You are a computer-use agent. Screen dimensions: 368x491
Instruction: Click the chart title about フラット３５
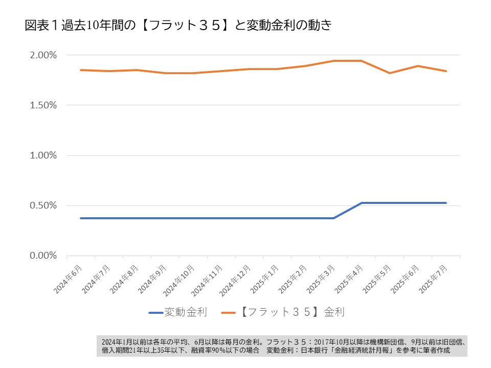pyautogui.click(x=179, y=26)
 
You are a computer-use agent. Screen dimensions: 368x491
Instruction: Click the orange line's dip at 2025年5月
pyautogui.click(x=390, y=73)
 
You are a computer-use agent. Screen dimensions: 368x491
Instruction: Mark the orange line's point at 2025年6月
pyautogui.click(x=418, y=66)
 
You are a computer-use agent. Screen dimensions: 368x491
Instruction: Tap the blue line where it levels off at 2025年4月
pyautogui.click(x=362, y=203)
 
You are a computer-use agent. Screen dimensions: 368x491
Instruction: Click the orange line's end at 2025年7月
pyautogui.click(x=446, y=71)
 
